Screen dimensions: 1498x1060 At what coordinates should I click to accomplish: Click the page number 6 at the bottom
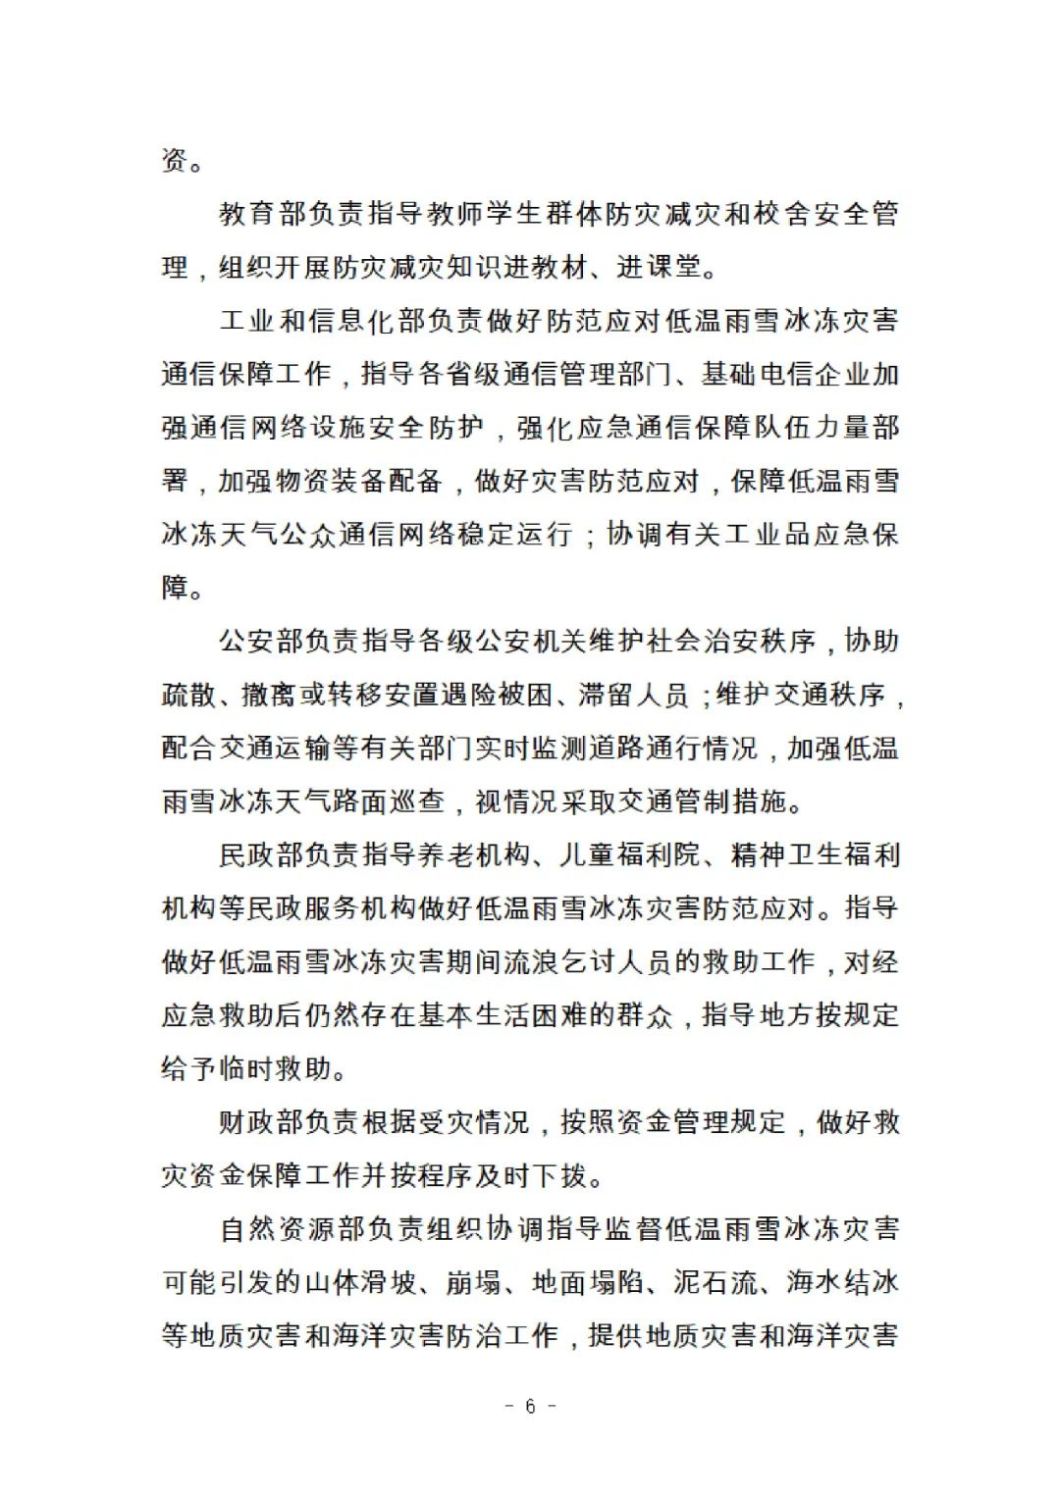pyautogui.click(x=530, y=1406)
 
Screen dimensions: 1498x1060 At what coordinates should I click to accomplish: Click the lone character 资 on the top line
pyautogui.click(x=175, y=160)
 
